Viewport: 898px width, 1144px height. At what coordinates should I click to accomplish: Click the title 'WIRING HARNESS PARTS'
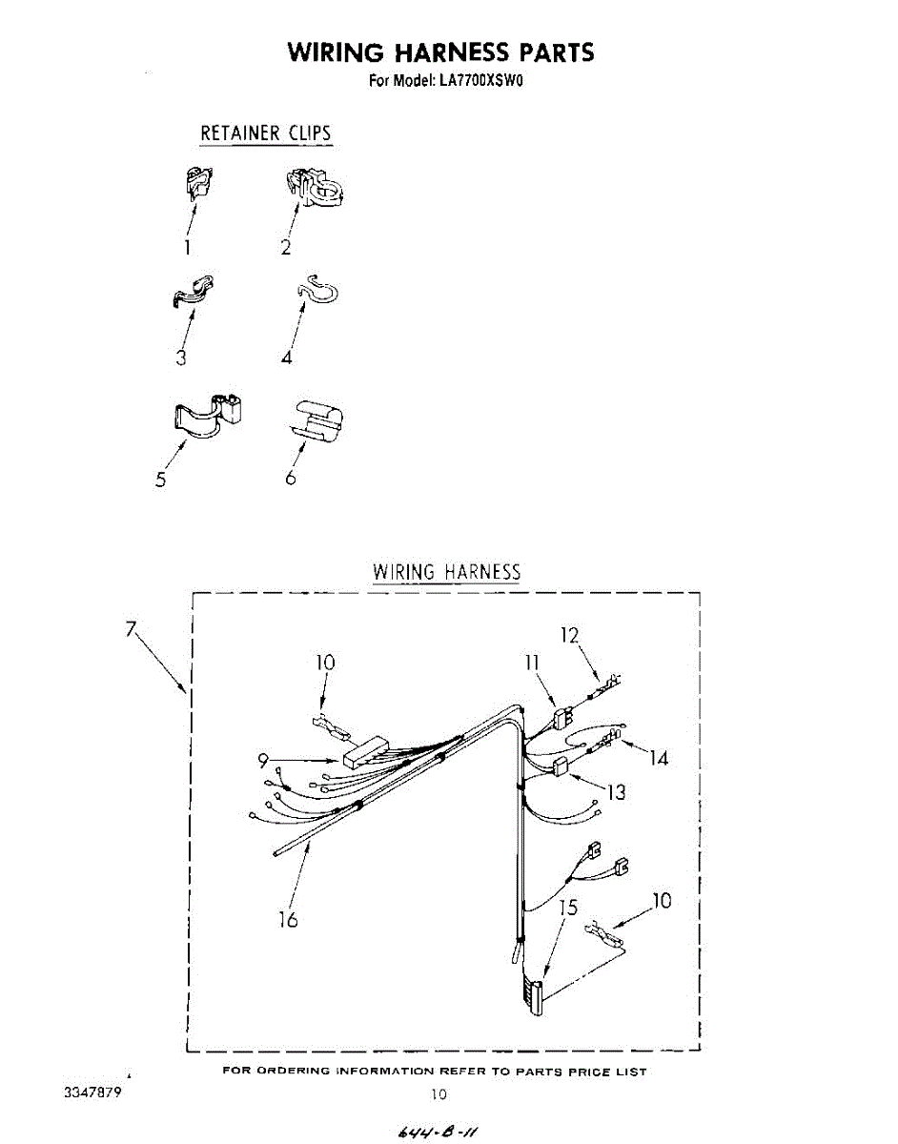click(440, 51)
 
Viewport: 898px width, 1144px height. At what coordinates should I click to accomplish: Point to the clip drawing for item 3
click(193, 290)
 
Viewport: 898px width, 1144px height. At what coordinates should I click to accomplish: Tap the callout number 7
click(132, 629)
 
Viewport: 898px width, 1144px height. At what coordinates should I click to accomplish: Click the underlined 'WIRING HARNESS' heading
click(446, 572)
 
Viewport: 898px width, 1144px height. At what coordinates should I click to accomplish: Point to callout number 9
click(263, 760)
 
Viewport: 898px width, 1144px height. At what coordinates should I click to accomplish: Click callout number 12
click(569, 634)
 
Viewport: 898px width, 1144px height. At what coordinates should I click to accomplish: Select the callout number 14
click(658, 758)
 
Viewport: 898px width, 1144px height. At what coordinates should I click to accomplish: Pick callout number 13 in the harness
click(616, 791)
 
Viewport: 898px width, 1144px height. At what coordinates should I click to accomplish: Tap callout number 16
click(287, 919)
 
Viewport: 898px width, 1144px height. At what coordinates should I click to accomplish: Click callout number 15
click(568, 909)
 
